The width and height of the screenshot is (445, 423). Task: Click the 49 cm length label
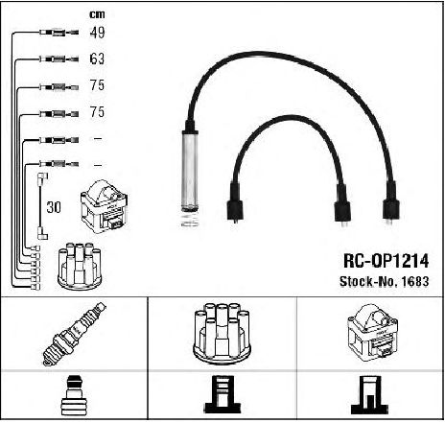coord(97,33)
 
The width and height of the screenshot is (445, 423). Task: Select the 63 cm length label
coord(97,59)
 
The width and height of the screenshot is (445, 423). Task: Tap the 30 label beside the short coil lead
coord(54,207)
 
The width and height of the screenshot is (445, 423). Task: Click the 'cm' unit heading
coord(97,14)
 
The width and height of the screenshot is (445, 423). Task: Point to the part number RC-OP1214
coord(386,261)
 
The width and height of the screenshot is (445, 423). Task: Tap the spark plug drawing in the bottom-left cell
coord(75,334)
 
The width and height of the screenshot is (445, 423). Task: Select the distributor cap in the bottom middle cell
coord(222,334)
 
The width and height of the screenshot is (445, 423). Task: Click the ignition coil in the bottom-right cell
coord(372,333)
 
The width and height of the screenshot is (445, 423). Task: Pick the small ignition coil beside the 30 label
coord(105,206)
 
